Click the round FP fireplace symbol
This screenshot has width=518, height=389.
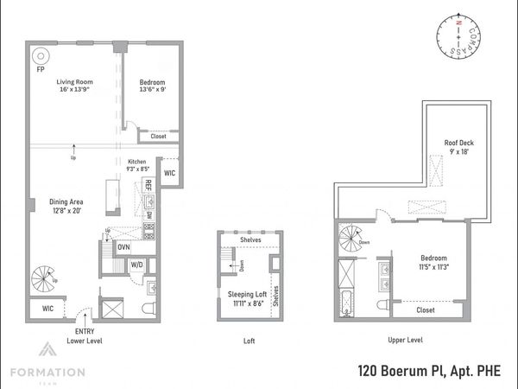39,57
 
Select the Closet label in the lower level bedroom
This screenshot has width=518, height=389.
158,136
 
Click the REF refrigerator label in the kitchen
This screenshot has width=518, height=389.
148,185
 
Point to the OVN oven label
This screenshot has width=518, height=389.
123,246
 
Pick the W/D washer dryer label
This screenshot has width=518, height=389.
137,265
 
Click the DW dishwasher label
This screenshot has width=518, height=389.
148,214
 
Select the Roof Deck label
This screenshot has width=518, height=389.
458,144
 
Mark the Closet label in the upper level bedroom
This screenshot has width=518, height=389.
425,309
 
